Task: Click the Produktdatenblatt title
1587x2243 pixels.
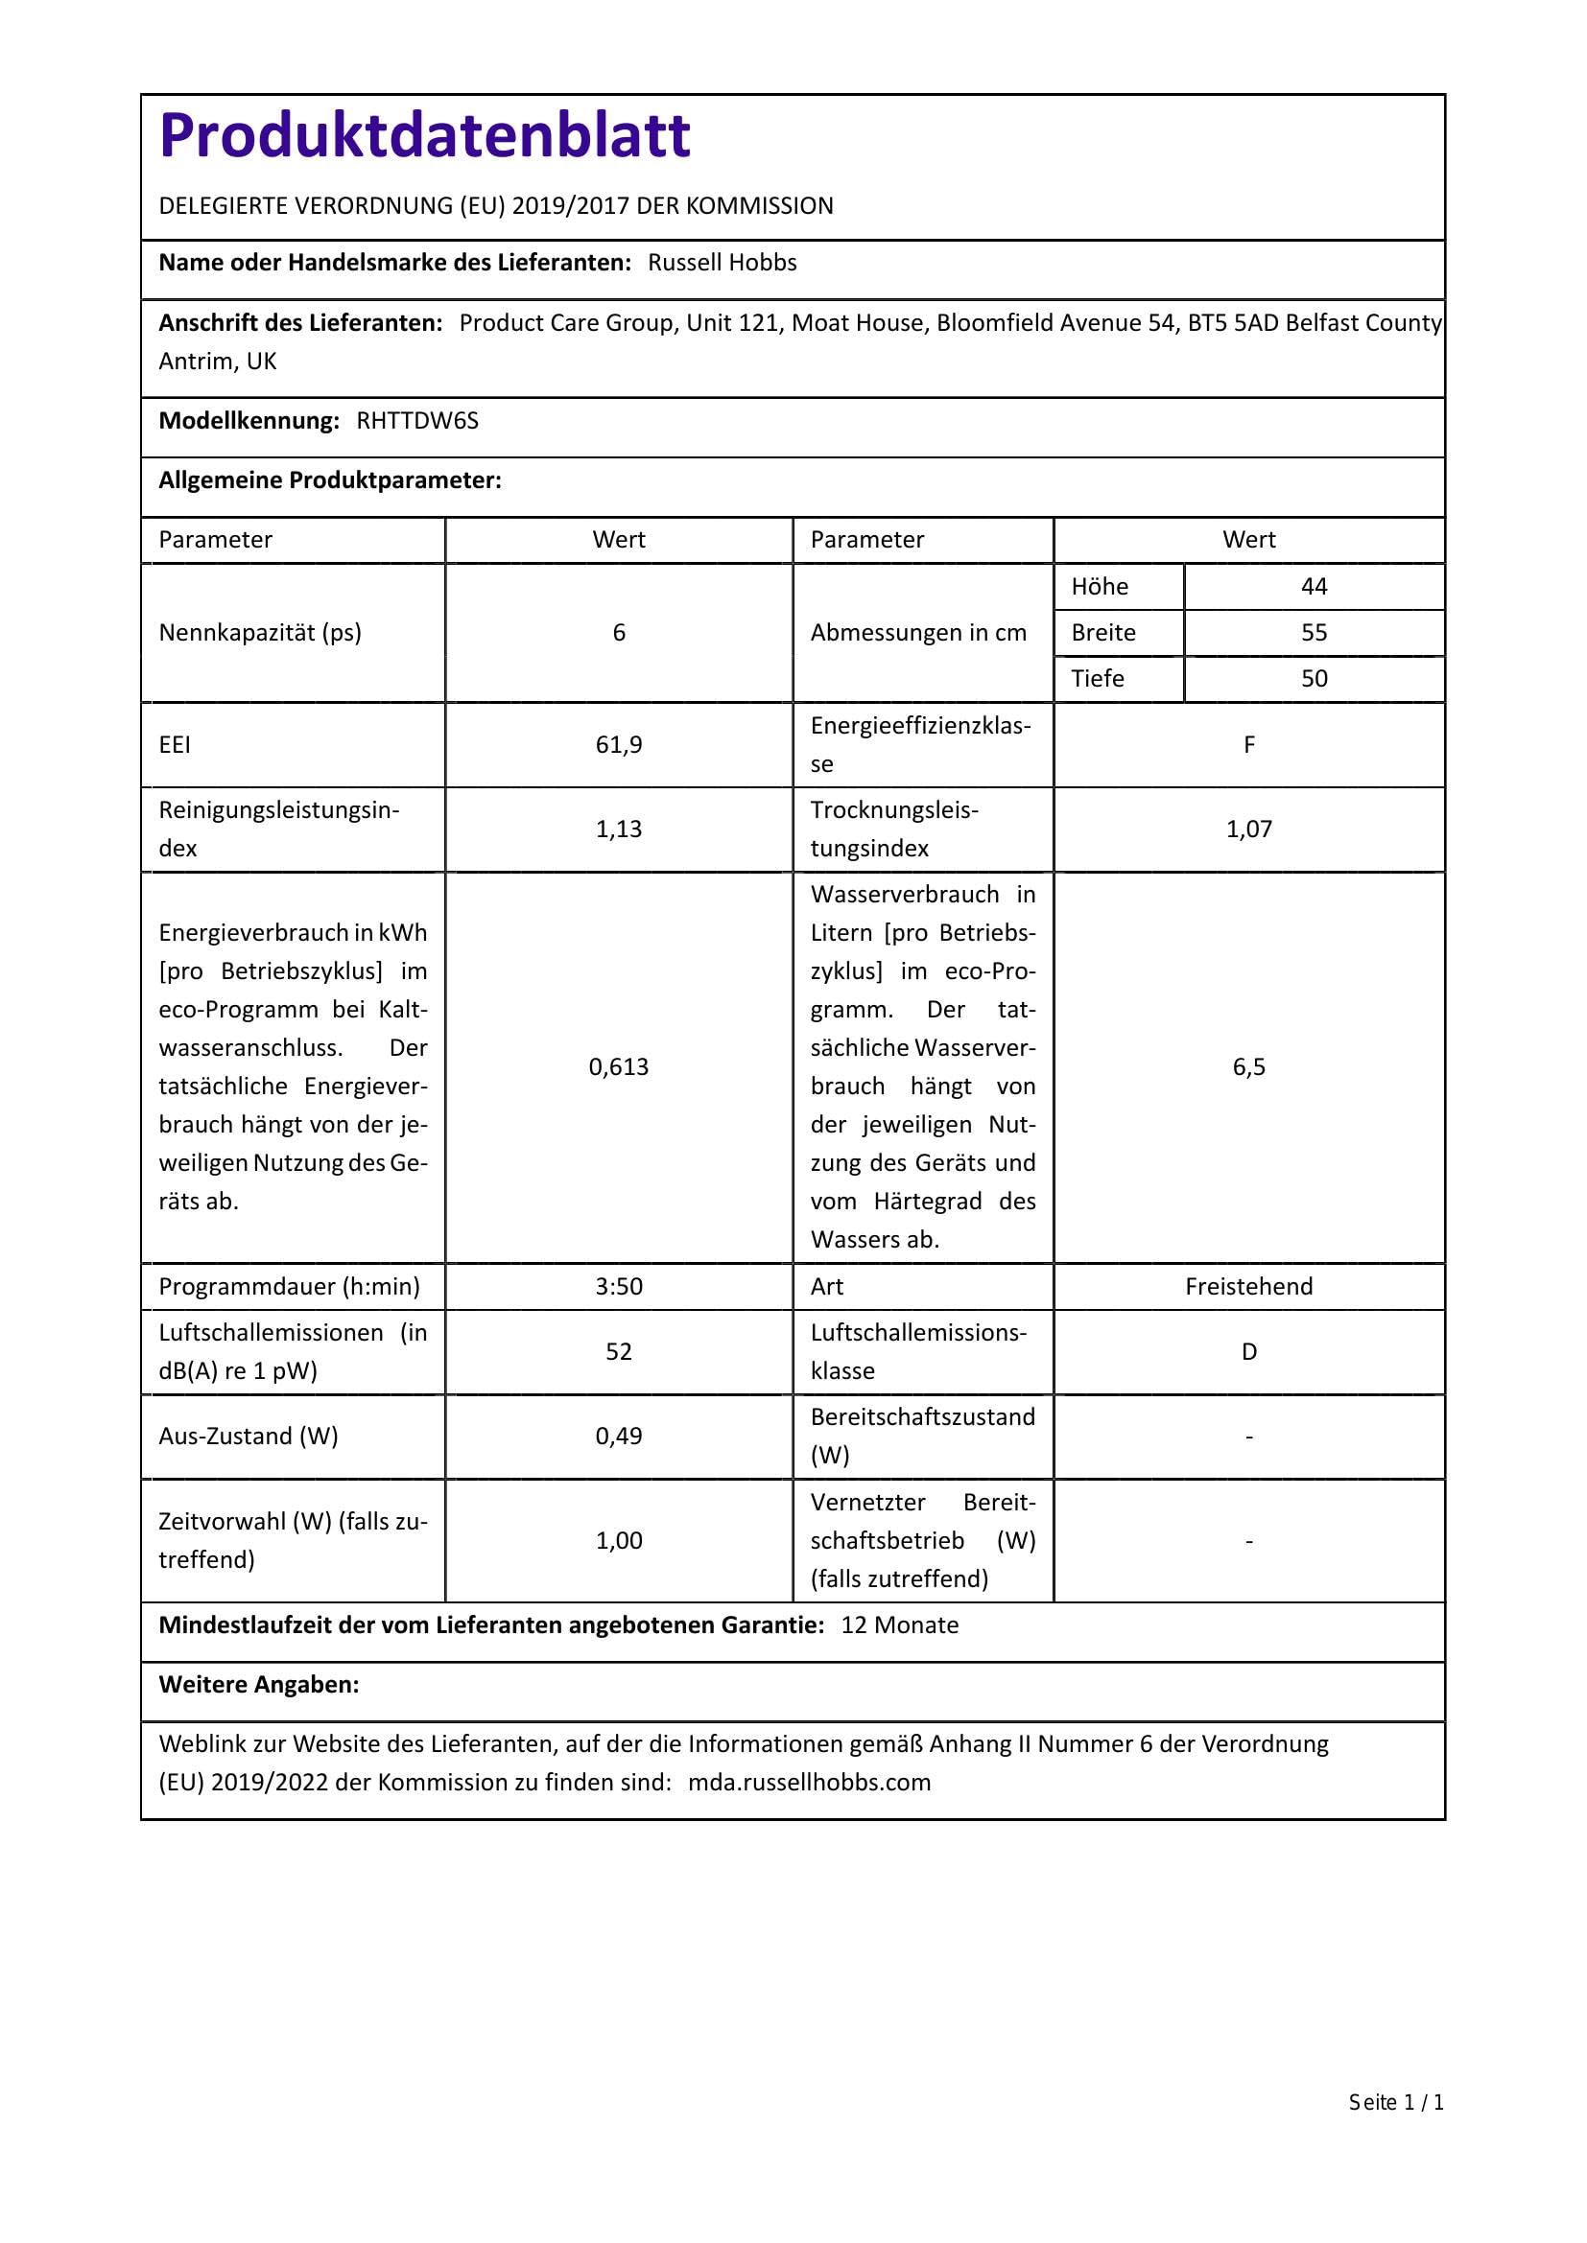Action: point(424,135)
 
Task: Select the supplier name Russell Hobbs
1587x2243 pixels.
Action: point(722,263)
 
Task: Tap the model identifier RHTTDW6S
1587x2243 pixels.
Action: point(417,421)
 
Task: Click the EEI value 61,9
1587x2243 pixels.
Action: point(619,745)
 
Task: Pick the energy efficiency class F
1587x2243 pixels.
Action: point(1249,745)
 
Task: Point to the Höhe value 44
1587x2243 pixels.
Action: point(1314,587)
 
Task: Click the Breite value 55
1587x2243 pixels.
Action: point(1314,633)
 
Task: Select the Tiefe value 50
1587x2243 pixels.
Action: point(1314,679)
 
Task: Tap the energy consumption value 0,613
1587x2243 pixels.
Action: point(619,1066)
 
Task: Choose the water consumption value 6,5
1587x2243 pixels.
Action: point(1249,1066)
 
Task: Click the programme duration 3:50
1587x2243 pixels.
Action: point(619,1287)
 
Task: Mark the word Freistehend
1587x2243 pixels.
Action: point(1249,1287)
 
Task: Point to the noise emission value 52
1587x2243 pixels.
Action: point(619,1352)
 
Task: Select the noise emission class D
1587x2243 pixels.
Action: point(1249,1352)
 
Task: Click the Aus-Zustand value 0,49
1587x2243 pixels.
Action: point(619,1437)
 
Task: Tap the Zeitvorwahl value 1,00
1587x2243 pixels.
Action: point(619,1541)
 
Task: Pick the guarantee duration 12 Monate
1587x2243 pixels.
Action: point(899,1624)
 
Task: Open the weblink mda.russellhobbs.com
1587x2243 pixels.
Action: point(809,1782)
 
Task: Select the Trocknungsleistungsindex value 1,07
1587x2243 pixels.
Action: point(1249,829)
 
